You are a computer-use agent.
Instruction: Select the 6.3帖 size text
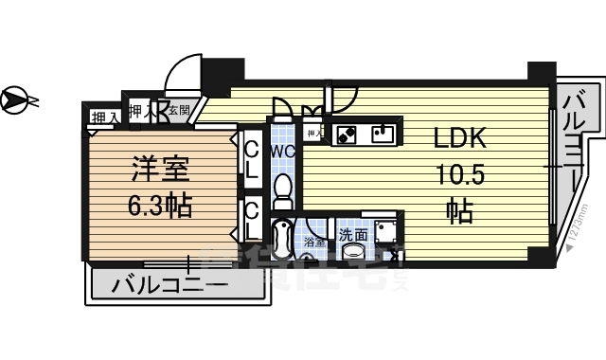pos(160,204)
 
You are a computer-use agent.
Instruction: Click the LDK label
pos(460,139)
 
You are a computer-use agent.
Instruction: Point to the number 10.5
pos(461,176)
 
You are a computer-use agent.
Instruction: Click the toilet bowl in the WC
pos(283,193)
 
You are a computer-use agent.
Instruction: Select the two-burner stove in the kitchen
pos(345,134)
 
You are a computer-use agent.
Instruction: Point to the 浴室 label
pos(313,243)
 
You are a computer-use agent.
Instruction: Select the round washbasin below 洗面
pos(353,250)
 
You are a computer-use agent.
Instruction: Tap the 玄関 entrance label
pos(180,110)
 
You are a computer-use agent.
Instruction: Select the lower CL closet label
pos(253,221)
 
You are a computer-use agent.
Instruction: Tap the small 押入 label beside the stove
pos(314,134)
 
